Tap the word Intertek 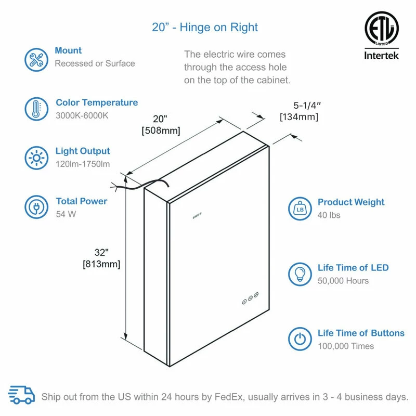click(x=381, y=56)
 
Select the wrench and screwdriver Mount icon click(x=36, y=60)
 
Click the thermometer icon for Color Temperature click(x=36, y=109)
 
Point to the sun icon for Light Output click(x=36, y=158)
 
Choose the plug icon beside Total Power click(x=36, y=207)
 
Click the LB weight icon click(x=300, y=209)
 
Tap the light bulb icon click(x=300, y=275)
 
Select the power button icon click(x=300, y=339)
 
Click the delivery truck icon click(x=21, y=395)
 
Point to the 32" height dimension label click(x=101, y=252)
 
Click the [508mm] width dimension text click(x=161, y=131)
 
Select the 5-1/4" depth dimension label click(x=307, y=106)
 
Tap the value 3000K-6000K click(x=82, y=115)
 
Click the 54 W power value click(x=66, y=214)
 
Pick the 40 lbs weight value click(x=329, y=215)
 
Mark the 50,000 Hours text click(x=343, y=281)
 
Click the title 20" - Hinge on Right click(x=205, y=28)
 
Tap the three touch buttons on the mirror click(x=251, y=298)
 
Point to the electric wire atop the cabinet click(x=140, y=185)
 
